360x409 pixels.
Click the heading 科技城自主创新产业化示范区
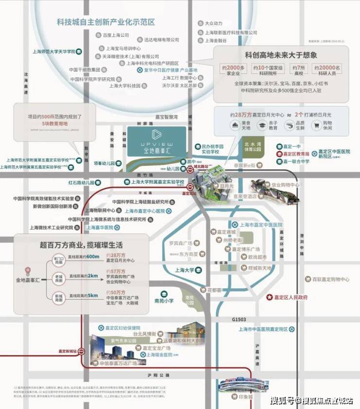tap(105, 22)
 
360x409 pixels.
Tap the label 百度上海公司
tap(115, 35)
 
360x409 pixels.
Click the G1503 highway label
tap(240, 319)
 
